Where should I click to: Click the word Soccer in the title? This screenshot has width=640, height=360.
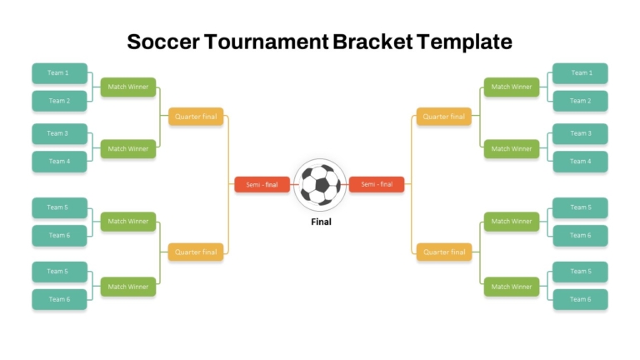(163, 42)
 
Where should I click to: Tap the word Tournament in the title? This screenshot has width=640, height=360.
(267, 42)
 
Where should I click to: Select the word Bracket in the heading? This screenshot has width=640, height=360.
(372, 42)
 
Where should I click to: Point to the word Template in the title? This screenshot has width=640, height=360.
(464, 42)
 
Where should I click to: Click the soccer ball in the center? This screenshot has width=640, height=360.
(320, 185)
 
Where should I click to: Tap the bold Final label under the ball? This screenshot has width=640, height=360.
(321, 222)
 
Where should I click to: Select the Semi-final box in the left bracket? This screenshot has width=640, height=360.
(262, 184)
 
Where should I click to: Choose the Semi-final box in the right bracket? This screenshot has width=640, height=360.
(377, 184)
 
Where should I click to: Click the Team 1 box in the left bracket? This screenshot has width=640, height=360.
(60, 73)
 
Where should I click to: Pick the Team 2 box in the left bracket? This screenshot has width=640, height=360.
(60, 101)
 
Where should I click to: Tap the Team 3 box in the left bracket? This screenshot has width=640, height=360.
(60, 133)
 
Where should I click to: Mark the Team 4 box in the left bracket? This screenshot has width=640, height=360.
(60, 161)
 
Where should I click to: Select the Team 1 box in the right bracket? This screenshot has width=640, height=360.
(580, 73)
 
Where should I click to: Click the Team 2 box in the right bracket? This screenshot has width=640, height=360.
(580, 101)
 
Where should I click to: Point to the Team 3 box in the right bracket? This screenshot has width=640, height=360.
(580, 133)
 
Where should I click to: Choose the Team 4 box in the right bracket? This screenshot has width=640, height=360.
(580, 161)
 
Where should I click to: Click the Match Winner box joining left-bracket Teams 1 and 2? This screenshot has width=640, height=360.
(128, 87)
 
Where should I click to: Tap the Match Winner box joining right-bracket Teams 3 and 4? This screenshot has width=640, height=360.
(512, 149)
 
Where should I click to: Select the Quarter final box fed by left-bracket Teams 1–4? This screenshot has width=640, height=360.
(196, 117)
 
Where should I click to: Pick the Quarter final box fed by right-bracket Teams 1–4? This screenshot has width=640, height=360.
(443, 117)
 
